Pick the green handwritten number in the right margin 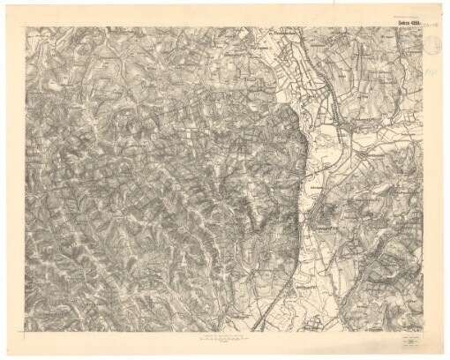pos(428,79)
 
